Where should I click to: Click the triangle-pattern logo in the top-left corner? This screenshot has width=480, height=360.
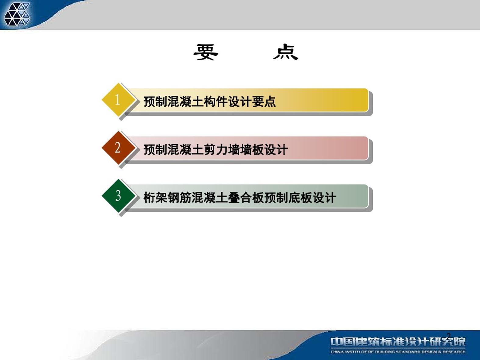[17, 14]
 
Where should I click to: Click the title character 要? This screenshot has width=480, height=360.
[206, 52]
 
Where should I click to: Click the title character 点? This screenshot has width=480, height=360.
[286, 52]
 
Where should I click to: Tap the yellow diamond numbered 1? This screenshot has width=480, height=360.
[119, 100]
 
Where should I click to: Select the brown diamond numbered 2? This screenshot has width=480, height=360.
[119, 148]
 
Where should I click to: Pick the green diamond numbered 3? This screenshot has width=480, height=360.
[119, 196]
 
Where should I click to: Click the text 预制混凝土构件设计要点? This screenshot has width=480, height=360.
[209, 102]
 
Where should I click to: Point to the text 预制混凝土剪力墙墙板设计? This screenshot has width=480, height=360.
[215, 150]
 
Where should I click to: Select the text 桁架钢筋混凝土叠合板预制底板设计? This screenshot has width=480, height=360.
[240, 198]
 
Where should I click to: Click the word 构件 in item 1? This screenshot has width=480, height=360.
[215, 102]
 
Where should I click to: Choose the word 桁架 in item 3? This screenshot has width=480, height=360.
[155, 198]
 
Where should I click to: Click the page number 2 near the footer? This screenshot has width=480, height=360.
[449, 336]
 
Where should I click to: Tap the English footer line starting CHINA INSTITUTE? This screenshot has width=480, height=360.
[398, 352]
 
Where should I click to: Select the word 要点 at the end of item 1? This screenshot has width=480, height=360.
[264, 102]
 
